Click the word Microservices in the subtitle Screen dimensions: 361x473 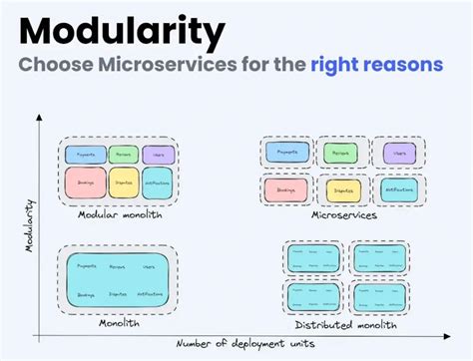(167, 67)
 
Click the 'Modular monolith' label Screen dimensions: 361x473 (119, 213)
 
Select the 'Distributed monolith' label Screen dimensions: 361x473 (345, 325)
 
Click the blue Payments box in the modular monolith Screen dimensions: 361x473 (85, 155)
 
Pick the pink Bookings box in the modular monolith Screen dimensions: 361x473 (85, 183)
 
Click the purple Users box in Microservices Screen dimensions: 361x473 (399, 154)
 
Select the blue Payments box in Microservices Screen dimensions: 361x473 (286, 154)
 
